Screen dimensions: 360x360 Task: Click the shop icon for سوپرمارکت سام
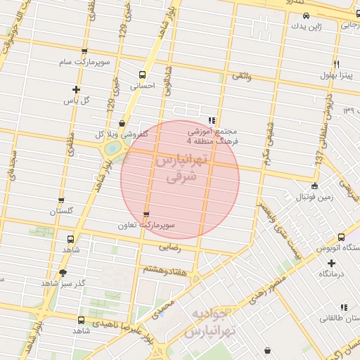[85, 51]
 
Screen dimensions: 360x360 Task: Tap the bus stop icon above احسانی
[143, 75]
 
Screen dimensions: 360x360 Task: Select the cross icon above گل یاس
[76, 89]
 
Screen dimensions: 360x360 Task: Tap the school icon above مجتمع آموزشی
[212, 120]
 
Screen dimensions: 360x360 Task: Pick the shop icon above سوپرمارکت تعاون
[146, 214]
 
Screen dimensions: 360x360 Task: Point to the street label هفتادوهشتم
[165, 269]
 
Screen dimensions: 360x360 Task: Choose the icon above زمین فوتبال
[314, 186]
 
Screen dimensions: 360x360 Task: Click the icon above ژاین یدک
[306, 15]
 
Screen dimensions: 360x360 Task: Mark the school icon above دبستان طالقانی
[344, 307]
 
